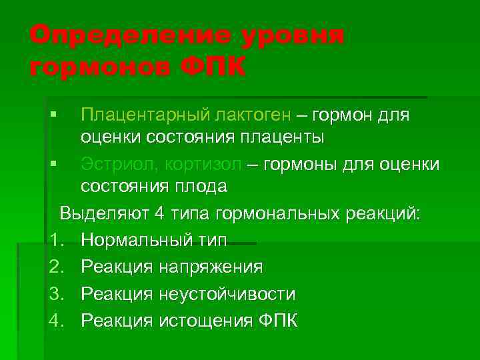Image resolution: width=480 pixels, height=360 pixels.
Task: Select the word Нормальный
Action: pos(133,240)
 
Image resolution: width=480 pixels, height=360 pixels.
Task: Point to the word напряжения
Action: pos(211,267)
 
